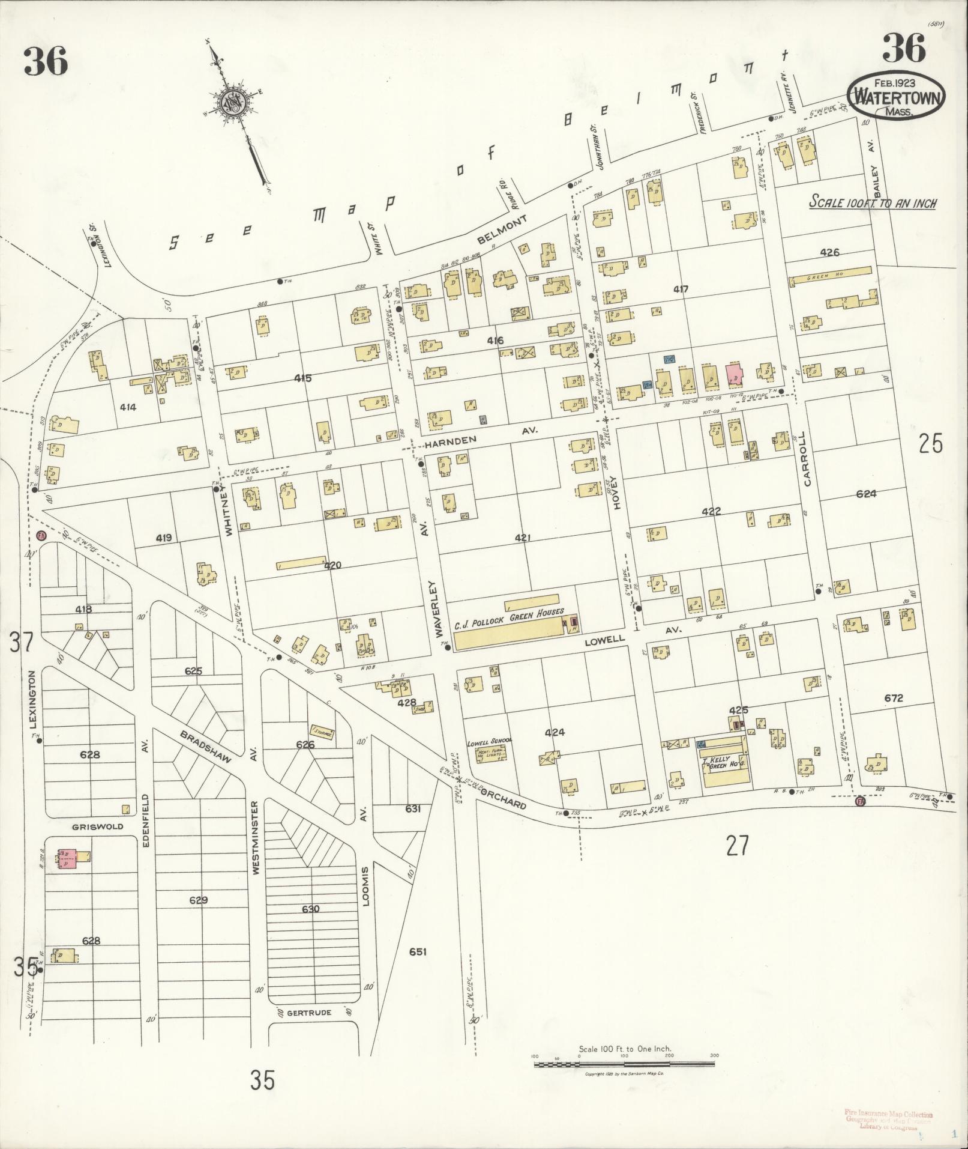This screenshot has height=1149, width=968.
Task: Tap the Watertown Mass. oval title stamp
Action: click(896, 97)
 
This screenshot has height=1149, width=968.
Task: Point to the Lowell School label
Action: click(489, 741)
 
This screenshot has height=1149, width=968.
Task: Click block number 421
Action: click(522, 538)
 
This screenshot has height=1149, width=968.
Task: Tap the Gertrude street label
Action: click(309, 1012)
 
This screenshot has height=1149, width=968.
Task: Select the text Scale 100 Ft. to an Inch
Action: click(873, 203)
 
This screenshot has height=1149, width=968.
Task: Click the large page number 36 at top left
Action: click(46, 62)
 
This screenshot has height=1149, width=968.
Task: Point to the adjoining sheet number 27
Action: click(737, 846)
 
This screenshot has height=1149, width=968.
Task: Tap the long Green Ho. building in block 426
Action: click(830, 276)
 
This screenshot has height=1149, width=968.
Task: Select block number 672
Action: click(893, 698)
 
